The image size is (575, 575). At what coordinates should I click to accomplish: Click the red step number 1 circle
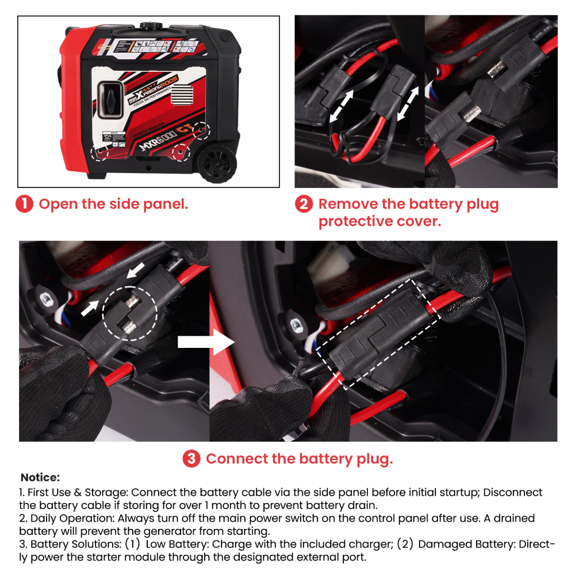tap(25, 204)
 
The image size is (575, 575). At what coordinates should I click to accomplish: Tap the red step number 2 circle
tap(304, 204)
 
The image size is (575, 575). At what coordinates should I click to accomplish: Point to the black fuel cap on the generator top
tap(152, 27)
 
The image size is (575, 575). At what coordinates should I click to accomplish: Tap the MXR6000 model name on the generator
tap(156, 143)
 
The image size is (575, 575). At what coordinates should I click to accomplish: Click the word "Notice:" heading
tap(40, 477)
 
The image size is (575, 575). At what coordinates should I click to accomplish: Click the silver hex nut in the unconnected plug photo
tap(44, 298)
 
